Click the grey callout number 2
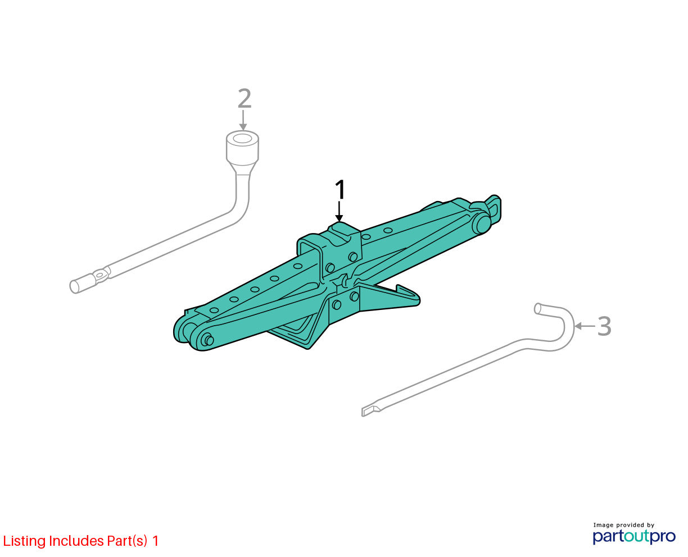tap(245, 98)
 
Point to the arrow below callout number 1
tap(339, 211)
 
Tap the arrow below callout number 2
tap(243, 120)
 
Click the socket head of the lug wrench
tap(242, 148)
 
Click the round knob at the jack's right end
tap(482, 223)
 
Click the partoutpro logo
tap(633, 537)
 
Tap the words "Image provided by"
tap(623, 525)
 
